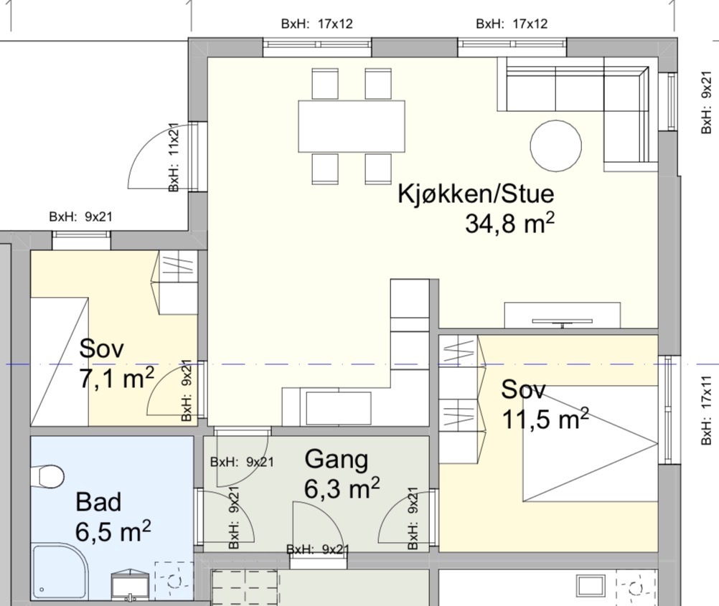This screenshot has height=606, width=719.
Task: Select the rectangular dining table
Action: coord(352,126)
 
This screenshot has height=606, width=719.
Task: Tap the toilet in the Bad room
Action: coord(47,476)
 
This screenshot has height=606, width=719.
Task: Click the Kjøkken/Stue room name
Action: coord(476,194)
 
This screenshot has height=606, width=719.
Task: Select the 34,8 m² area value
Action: coord(509,224)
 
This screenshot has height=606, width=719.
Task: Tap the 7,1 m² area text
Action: coord(117,379)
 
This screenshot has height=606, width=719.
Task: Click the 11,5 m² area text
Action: coord(545,419)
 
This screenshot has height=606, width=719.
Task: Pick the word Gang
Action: coord(337,459)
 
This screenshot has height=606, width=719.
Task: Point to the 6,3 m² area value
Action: coord(342,490)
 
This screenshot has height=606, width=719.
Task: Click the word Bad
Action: coord(98,502)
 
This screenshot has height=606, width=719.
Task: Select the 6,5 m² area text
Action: coord(113,532)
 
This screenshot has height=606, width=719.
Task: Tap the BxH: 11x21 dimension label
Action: coord(174,157)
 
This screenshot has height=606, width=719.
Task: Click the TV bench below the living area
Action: coord(562,316)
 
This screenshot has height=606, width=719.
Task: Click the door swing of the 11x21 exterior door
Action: coord(158,161)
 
